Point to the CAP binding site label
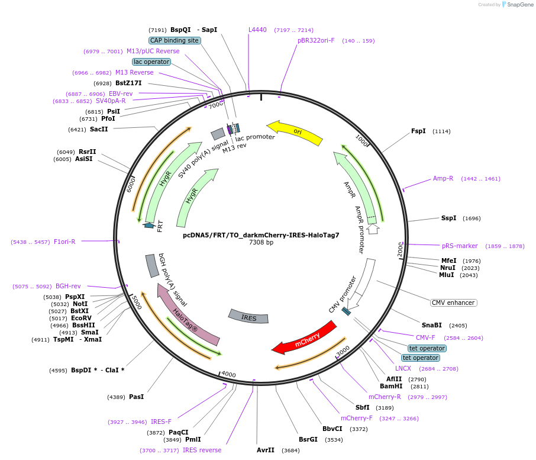pyautogui.click(x=175, y=40)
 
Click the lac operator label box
pyautogui.click(x=151, y=62)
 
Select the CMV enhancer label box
pyautogui.click(x=453, y=303)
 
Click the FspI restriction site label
pyautogui.click(x=418, y=131)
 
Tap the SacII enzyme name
pyautogui.click(x=99, y=129)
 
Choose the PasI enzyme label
pyautogui.click(x=137, y=397)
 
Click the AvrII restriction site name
pyautogui.click(x=266, y=450)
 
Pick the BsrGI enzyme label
pyautogui.click(x=308, y=439)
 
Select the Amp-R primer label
pyautogui.click(x=443, y=178)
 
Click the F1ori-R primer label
pyautogui.click(x=64, y=242)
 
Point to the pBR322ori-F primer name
pyautogui.click(x=316, y=40)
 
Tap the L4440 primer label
pyautogui.click(x=257, y=30)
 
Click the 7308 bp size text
pyautogui.click(x=261, y=242)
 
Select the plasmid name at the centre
pyautogui.click(x=261, y=235)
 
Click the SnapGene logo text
pyautogui.click(x=519, y=5)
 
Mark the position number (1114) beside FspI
pyautogui.click(x=441, y=131)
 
